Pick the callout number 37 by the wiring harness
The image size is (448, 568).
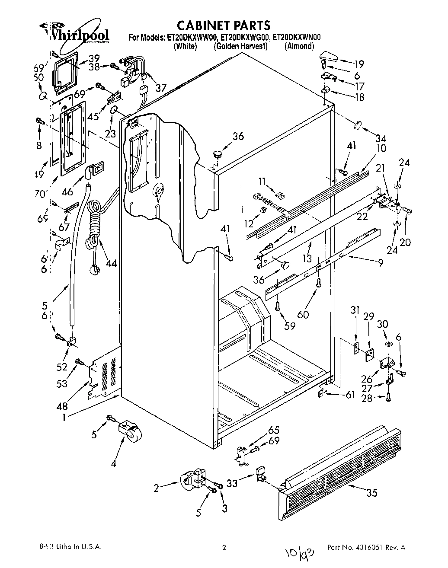click(x=161, y=88)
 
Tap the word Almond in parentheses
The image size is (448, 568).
click(x=299, y=46)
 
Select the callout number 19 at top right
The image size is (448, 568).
click(x=359, y=64)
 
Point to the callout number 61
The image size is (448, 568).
click(x=351, y=394)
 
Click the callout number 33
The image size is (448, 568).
click(x=232, y=483)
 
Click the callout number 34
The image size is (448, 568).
click(x=381, y=138)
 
